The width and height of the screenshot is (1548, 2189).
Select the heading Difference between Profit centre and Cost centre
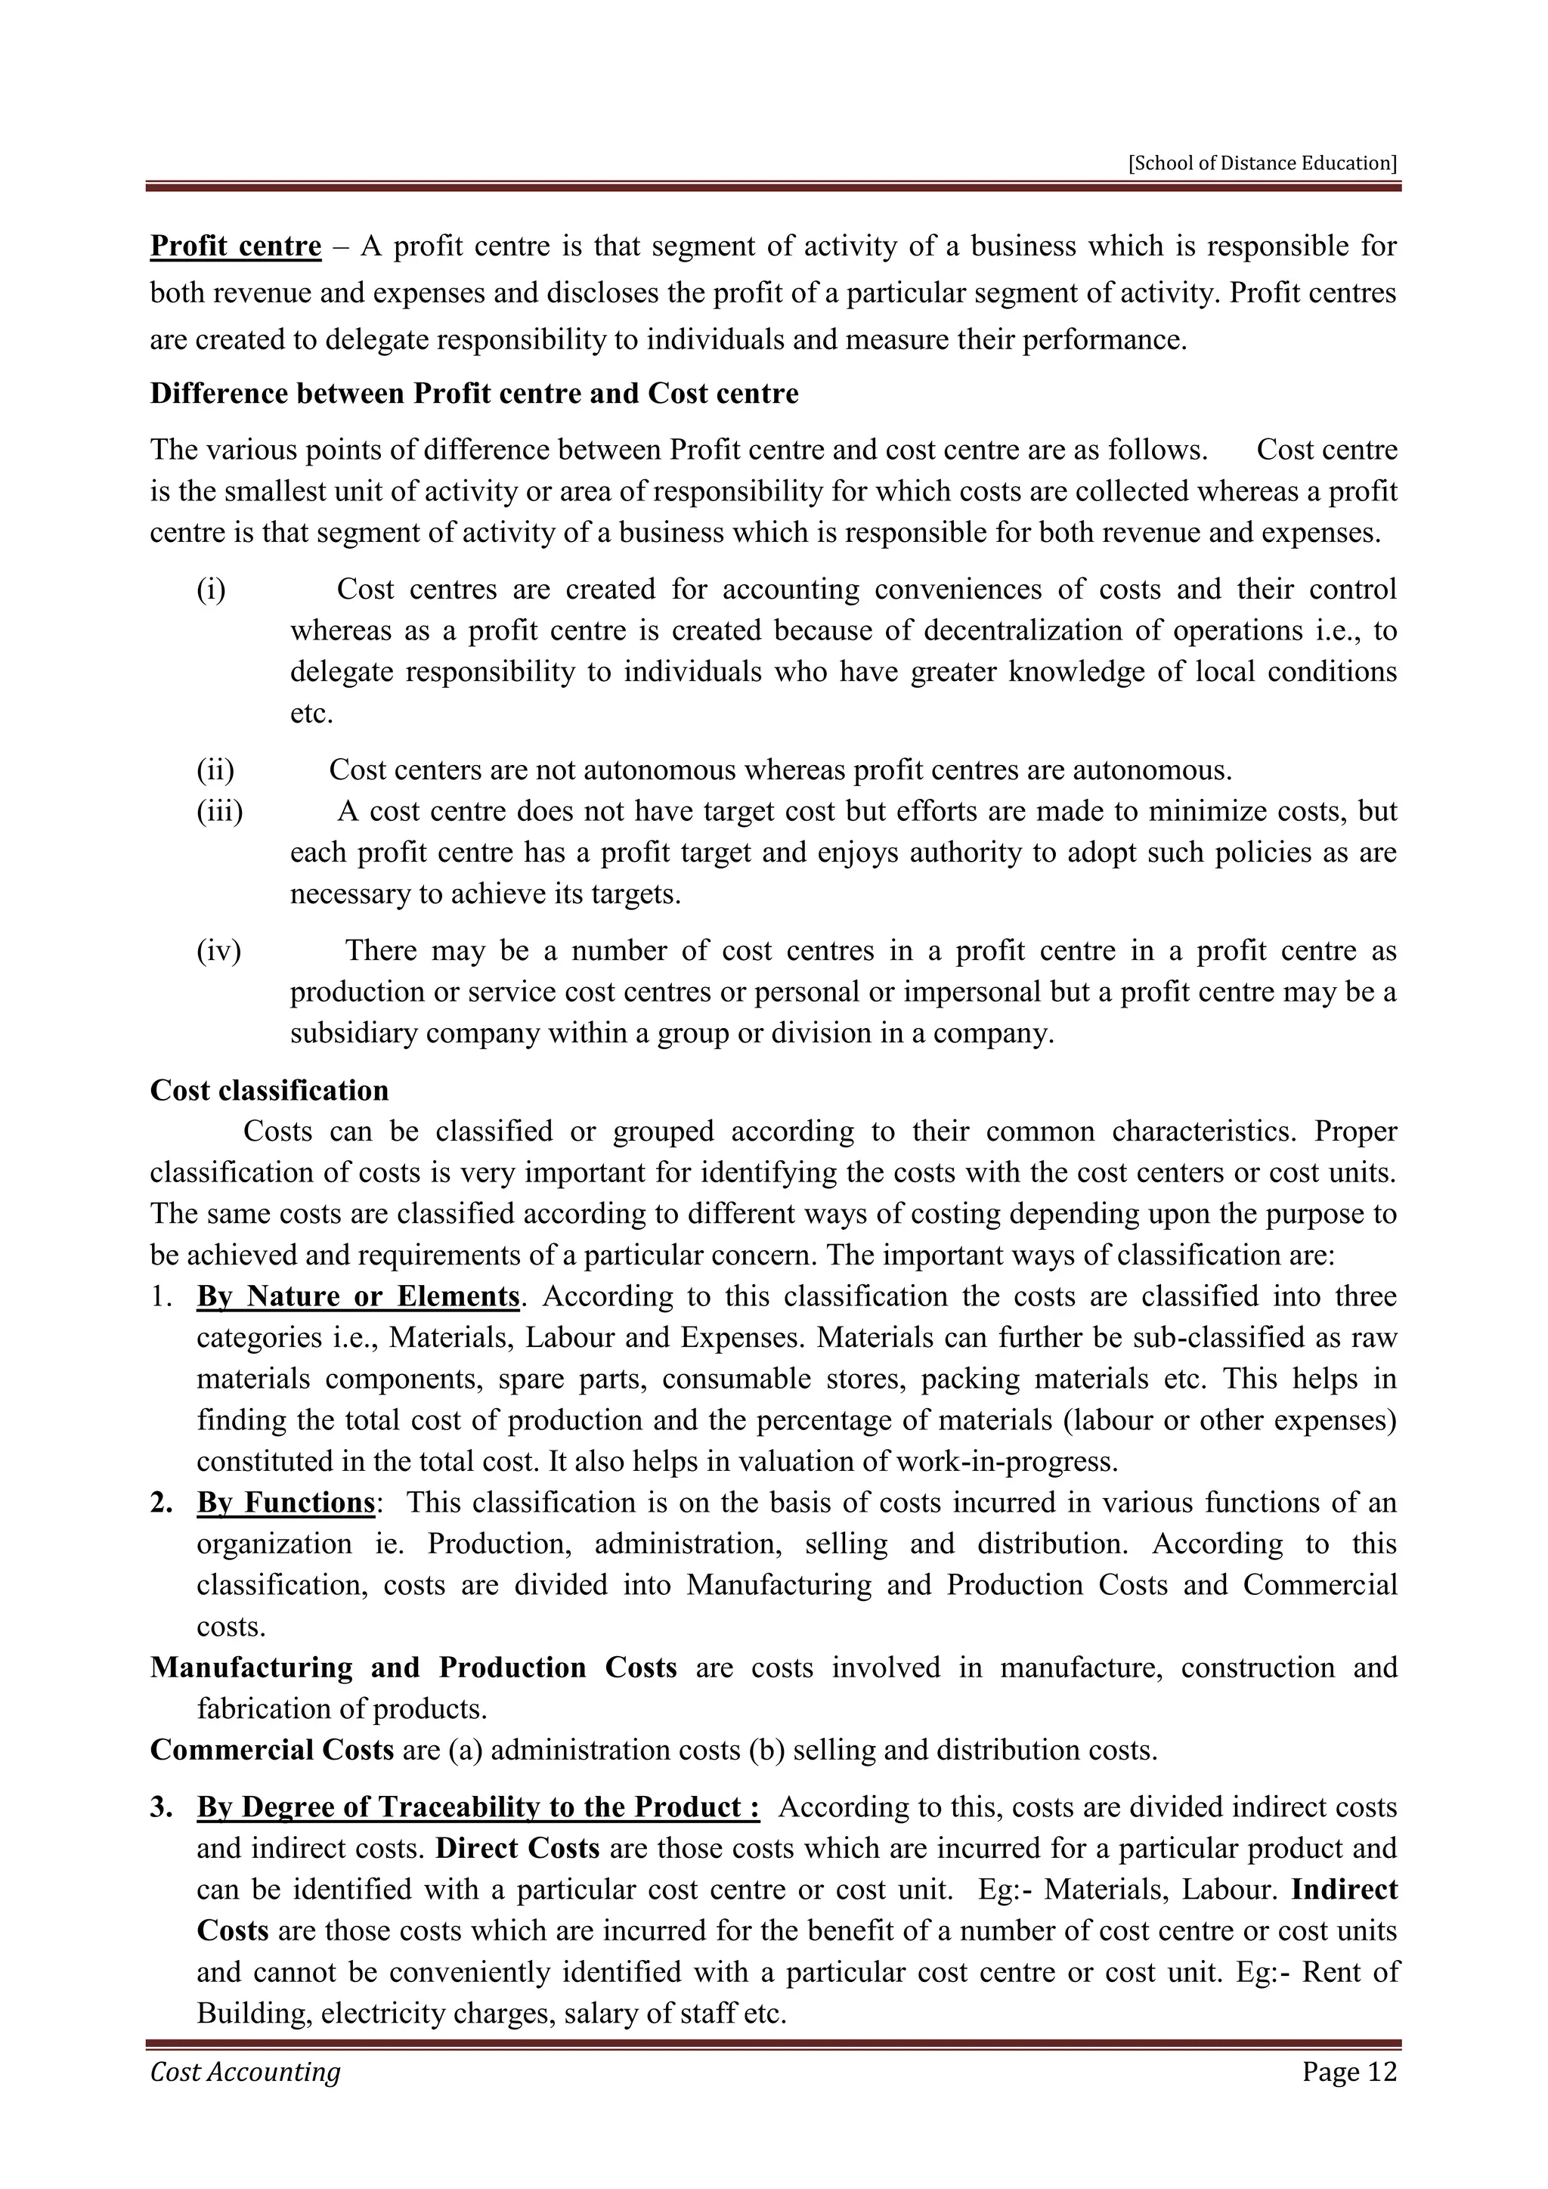(474, 394)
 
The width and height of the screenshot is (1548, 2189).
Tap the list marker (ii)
(215, 769)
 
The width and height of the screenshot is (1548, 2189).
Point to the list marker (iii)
(219, 811)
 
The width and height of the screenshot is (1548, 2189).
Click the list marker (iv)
(218, 951)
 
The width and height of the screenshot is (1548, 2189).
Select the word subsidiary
(353, 1033)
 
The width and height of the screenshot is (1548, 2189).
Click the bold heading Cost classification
(269, 1091)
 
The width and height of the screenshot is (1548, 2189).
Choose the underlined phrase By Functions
(285, 1503)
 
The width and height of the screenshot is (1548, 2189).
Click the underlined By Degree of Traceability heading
(478, 1807)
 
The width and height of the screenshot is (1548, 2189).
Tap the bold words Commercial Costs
(271, 1751)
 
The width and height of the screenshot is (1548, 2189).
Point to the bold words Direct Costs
(517, 1849)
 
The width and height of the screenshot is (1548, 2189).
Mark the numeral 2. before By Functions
(161, 1503)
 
